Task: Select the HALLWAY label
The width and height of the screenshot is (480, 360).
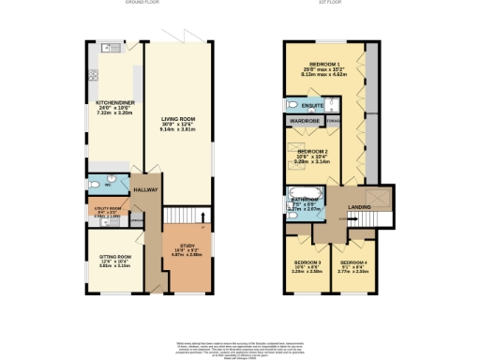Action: click(146, 191)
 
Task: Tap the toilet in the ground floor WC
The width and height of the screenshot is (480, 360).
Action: click(110, 184)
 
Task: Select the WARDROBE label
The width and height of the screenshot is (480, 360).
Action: click(306, 122)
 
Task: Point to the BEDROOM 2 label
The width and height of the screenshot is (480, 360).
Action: click(313, 152)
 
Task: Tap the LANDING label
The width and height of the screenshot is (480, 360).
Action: click(358, 207)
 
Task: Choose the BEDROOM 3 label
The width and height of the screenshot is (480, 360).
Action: click(307, 262)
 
